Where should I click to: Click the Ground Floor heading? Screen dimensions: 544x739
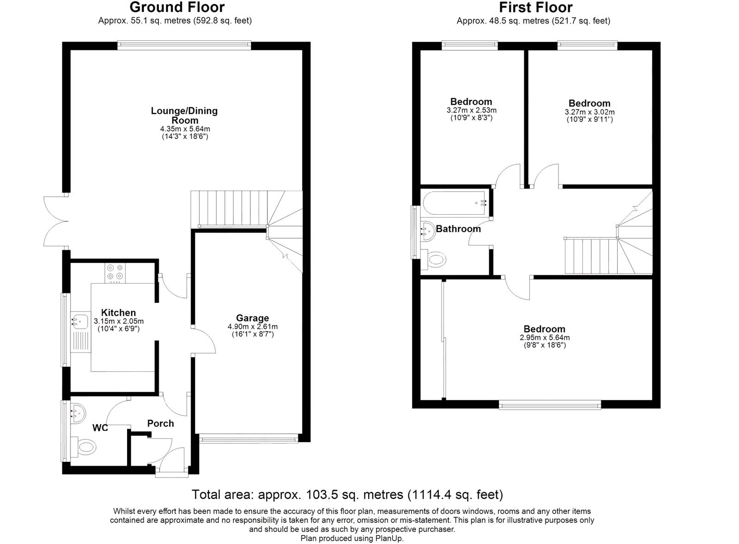click(177, 7)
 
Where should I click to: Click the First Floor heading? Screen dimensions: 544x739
click(535, 7)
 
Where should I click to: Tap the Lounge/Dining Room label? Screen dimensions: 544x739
click(184, 115)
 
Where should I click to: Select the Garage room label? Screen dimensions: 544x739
click(252, 318)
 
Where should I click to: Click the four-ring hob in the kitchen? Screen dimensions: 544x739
click(115, 272)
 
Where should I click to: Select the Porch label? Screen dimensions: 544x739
click(160, 423)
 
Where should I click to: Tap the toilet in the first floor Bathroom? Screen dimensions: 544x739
click(436, 259)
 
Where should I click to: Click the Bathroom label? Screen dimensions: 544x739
click(458, 229)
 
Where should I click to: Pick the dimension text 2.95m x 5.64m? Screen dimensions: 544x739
click(545, 338)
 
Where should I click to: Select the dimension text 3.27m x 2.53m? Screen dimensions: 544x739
click(471, 110)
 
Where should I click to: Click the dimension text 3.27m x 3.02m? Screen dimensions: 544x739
click(589, 112)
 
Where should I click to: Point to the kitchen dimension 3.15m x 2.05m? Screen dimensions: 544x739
click(119, 321)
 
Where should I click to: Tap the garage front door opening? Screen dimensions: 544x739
click(249, 438)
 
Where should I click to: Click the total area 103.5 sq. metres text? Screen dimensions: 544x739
click(347, 495)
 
